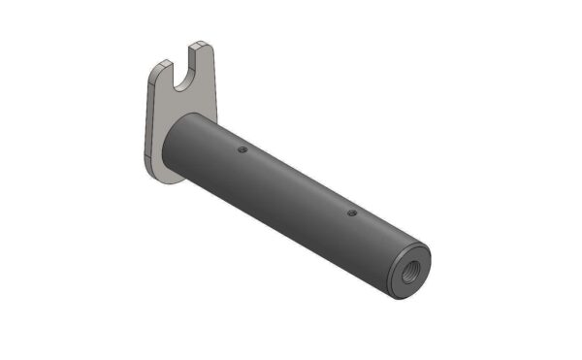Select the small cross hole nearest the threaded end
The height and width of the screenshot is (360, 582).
[351, 213]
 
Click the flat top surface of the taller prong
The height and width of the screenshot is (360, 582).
[200, 45]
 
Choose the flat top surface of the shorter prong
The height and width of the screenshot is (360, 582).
[161, 62]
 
